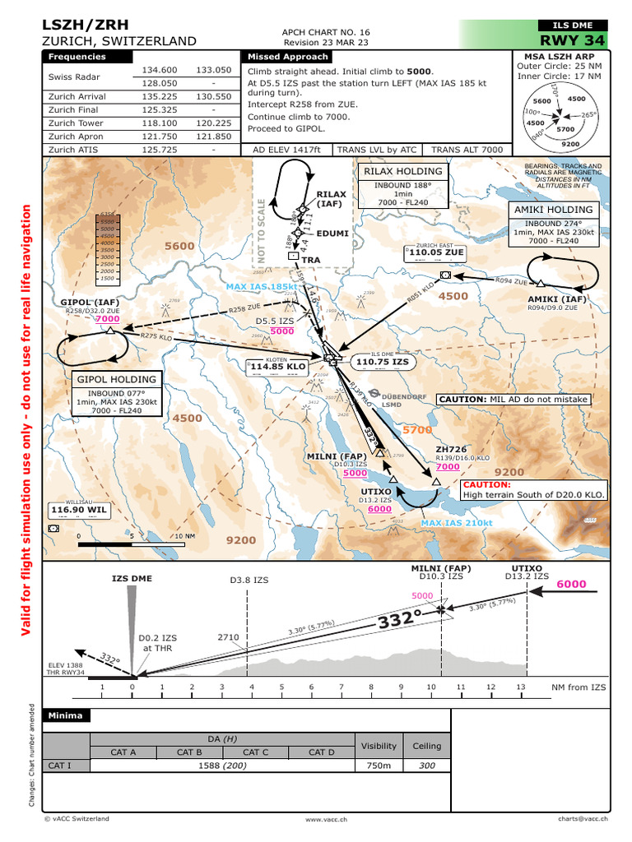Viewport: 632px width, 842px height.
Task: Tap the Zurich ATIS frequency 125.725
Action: (160, 150)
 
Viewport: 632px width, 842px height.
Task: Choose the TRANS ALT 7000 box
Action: (467, 150)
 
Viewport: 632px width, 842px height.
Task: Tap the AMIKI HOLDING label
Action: (553, 210)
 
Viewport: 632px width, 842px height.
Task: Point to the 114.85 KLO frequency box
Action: (278, 366)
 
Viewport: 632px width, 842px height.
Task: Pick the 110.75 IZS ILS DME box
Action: (382, 361)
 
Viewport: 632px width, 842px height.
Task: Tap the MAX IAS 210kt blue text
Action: (457, 523)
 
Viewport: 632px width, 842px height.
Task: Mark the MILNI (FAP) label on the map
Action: (337, 456)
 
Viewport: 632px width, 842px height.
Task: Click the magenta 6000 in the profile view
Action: (571, 585)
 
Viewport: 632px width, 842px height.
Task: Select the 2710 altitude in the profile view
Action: (228, 636)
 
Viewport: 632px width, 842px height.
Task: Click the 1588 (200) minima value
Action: (222, 766)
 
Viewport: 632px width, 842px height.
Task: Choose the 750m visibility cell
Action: (379, 766)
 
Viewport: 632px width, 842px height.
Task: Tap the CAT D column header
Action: (321, 752)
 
